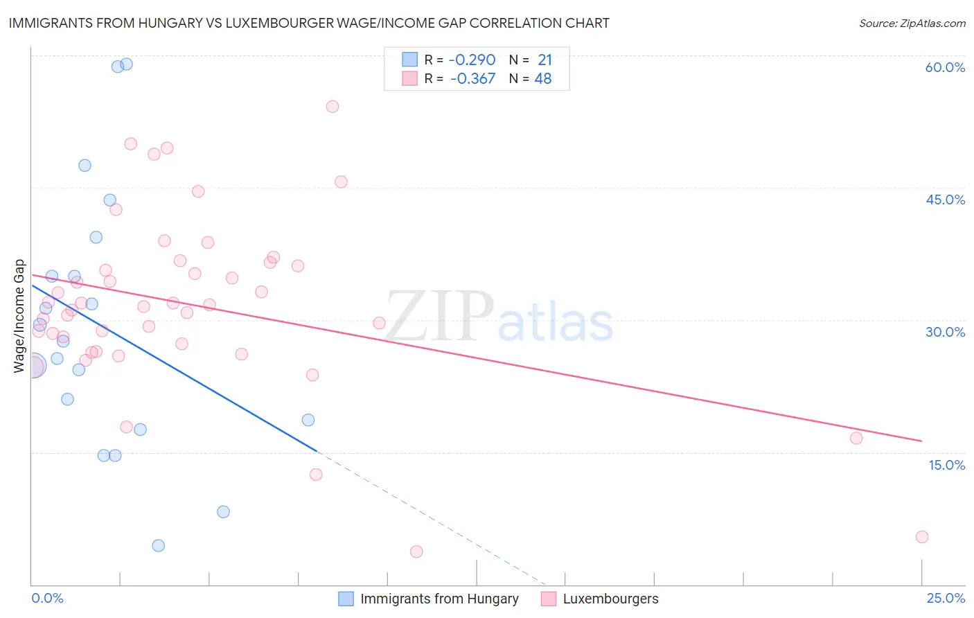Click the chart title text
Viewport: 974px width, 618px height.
pyautogui.click(x=309, y=23)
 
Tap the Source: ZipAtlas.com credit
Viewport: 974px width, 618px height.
pyautogui.click(x=912, y=23)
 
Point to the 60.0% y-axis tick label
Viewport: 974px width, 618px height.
pyautogui.click(x=945, y=67)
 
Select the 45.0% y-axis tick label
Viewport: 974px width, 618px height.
pyautogui.click(x=945, y=200)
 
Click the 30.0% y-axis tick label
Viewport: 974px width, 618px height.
pyautogui.click(x=945, y=332)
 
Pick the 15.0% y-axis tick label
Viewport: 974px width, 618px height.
pyautogui.click(x=946, y=465)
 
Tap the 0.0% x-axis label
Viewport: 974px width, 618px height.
pyautogui.click(x=47, y=598)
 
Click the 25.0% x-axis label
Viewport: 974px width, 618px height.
pyautogui.click(x=946, y=598)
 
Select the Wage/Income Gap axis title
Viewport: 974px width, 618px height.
pyautogui.click(x=19, y=316)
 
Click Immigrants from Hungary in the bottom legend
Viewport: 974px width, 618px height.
pyautogui.click(x=439, y=599)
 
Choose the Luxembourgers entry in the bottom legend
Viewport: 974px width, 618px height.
pyautogui.click(x=610, y=599)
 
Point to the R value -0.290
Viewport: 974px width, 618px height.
pyautogui.click(x=472, y=60)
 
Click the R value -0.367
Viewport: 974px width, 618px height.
pyautogui.click(x=472, y=79)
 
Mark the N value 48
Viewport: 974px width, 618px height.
pyautogui.click(x=543, y=79)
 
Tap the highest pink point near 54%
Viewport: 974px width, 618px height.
pyautogui.click(x=333, y=107)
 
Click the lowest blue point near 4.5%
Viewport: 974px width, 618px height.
pyautogui.click(x=159, y=545)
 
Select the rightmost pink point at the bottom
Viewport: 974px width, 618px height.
pyautogui.click(x=922, y=537)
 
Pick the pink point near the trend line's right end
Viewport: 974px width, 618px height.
pyautogui.click(x=856, y=438)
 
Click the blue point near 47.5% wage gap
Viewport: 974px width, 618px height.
pyautogui.click(x=85, y=166)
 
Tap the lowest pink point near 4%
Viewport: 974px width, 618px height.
pyautogui.click(x=416, y=551)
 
